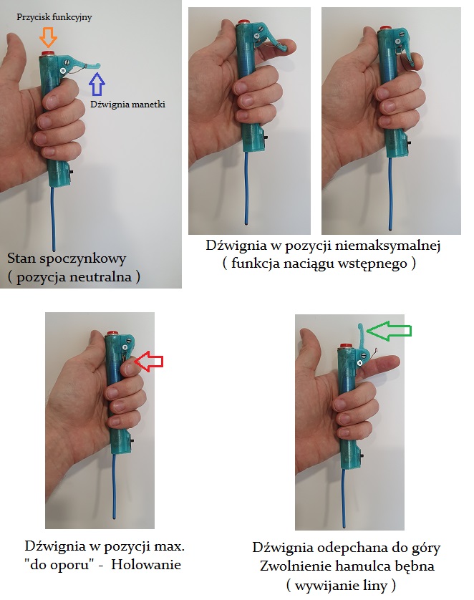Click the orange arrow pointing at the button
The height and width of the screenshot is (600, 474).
coord(48,37)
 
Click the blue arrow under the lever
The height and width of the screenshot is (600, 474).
coord(97,84)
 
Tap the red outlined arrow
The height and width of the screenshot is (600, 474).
coord(149,362)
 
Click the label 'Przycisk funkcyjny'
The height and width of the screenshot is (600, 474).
coord(54,17)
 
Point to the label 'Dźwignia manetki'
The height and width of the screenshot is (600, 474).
coord(127,104)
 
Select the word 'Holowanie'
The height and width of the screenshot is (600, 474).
coord(146,564)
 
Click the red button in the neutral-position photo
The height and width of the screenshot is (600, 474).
coord(48,53)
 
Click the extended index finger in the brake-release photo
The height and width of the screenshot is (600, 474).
coord(380,364)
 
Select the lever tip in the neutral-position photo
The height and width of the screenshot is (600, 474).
coord(97,65)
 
